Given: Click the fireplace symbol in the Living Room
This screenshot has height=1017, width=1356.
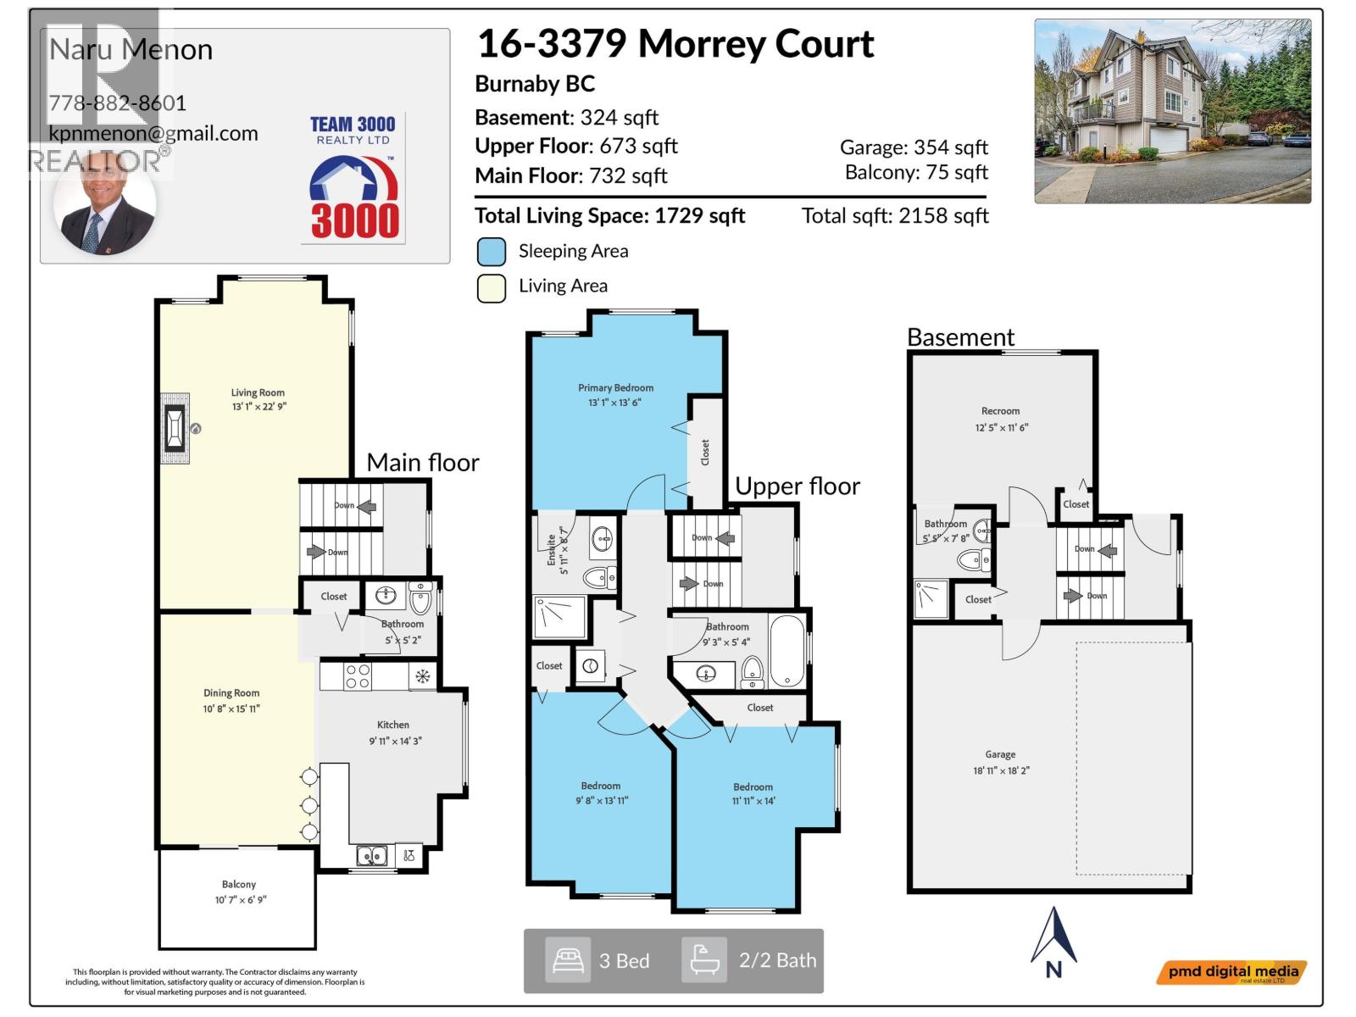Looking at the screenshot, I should click(x=175, y=428).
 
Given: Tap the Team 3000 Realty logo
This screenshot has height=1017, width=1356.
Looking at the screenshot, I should click(x=353, y=179).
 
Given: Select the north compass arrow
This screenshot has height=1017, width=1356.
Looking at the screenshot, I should click(x=1053, y=942).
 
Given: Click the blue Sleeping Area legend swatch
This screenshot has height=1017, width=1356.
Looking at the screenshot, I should click(x=492, y=252).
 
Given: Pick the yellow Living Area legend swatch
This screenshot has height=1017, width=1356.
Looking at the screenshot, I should click(x=492, y=287).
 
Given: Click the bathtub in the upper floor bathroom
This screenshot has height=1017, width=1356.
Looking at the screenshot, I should click(x=787, y=651).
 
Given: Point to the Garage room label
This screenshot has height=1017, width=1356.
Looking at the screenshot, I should click(x=1000, y=754).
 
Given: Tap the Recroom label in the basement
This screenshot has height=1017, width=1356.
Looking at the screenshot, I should click(x=1001, y=411).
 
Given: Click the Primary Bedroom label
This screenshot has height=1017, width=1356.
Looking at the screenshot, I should click(x=615, y=388).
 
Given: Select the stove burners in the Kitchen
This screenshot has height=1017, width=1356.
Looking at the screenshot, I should click(x=358, y=676).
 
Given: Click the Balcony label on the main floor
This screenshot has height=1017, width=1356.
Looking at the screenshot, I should click(x=239, y=884).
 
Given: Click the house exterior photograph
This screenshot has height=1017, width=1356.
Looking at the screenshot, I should click(x=1172, y=111).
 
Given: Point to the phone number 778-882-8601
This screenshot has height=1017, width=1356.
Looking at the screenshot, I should click(x=118, y=103).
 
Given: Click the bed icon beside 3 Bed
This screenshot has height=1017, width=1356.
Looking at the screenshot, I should click(x=567, y=960).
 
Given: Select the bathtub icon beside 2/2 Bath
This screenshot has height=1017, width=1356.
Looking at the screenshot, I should click(x=704, y=960).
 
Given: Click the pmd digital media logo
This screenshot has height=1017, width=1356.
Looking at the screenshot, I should click(x=1231, y=973).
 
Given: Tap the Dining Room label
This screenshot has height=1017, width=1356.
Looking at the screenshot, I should click(x=231, y=693).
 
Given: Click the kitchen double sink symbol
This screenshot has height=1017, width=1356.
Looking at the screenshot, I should click(x=371, y=856).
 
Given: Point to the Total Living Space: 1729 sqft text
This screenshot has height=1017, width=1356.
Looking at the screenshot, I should click(x=609, y=216).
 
